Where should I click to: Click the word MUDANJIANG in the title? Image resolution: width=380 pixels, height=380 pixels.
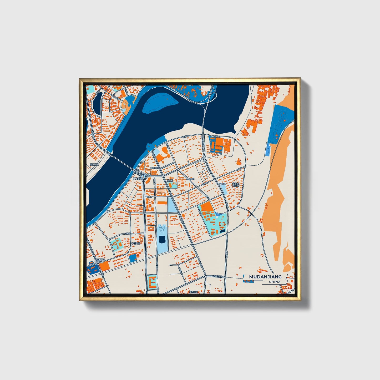(265, 277)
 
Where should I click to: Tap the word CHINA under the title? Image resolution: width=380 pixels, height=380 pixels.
(275, 282)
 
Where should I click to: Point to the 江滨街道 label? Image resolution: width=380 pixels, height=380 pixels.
(94, 165)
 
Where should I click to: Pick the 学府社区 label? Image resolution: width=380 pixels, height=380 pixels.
(190, 179)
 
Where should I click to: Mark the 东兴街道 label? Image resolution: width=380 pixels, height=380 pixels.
(222, 184)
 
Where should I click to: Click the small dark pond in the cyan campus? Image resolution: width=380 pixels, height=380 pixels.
(223, 231)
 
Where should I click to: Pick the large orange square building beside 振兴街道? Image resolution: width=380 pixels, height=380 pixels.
(104, 266)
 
